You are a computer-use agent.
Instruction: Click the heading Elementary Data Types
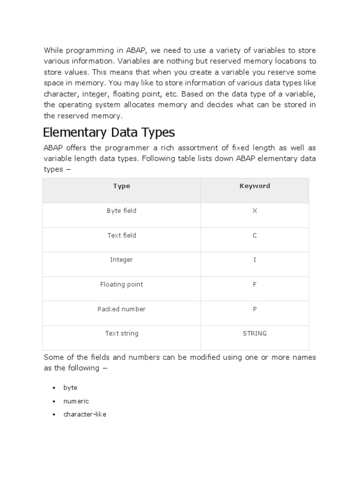(x=109, y=132)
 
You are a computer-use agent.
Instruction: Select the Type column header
(x=121, y=186)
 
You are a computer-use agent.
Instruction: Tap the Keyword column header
(x=255, y=186)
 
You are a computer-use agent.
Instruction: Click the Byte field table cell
(x=121, y=211)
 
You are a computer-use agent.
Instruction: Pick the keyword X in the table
(x=255, y=211)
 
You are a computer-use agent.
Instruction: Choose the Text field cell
(x=121, y=235)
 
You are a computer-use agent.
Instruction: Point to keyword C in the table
(x=255, y=235)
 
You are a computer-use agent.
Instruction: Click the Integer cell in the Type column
(x=121, y=260)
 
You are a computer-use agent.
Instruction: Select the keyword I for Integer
(x=255, y=260)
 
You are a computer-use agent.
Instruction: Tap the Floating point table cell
(x=121, y=285)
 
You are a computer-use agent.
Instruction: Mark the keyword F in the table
(x=255, y=285)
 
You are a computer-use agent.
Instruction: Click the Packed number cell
(x=121, y=309)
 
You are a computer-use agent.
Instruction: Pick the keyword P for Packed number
(x=255, y=309)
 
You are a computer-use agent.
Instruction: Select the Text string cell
(x=121, y=334)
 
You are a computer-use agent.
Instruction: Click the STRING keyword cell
(x=255, y=334)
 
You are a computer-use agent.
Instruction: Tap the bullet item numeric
(x=76, y=401)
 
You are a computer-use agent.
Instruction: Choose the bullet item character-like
(x=85, y=414)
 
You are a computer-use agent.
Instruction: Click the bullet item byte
(x=70, y=388)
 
